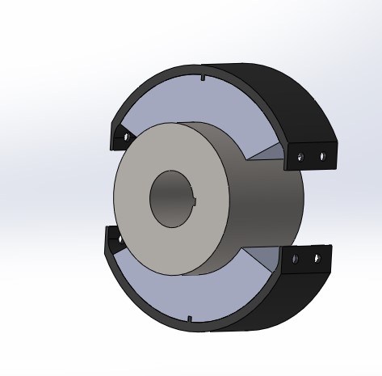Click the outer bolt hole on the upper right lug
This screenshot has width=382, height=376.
coord(321,156)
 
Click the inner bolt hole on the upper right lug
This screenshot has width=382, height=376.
coord(300,155)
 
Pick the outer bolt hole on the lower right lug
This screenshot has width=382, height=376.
coord(317,259)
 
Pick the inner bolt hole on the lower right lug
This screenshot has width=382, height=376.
coord(296,259)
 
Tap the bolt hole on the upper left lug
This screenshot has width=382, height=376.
coord(125,137)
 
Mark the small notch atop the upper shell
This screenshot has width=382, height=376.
coord(202,78)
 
